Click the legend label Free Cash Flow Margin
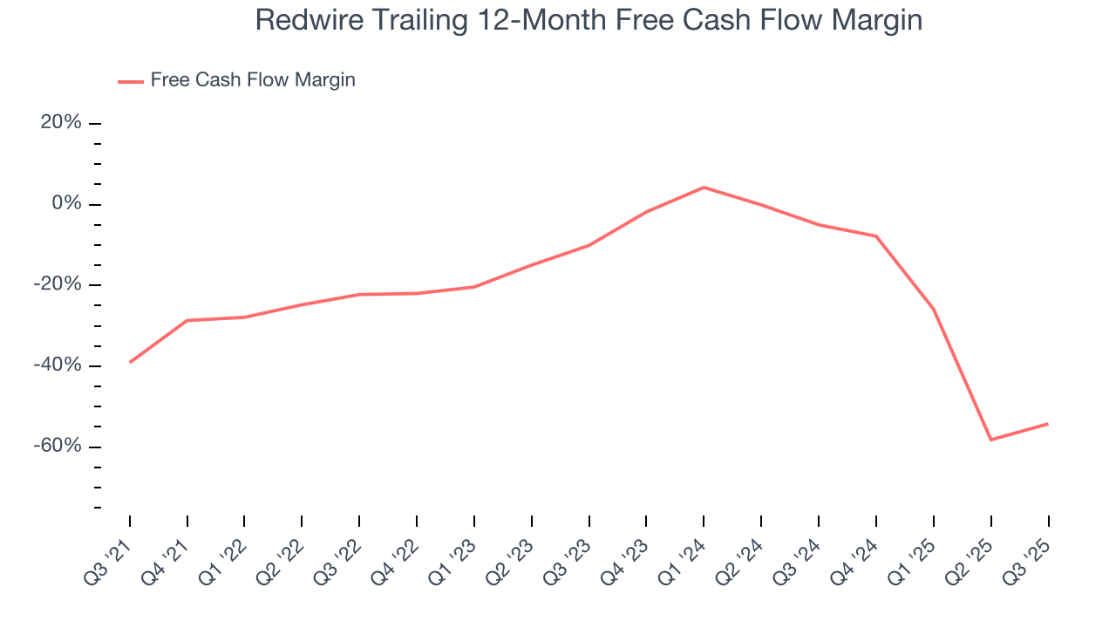pyautogui.click(x=253, y=80)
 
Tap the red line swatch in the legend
pyautogui.click(x=131, y=81)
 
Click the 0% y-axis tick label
pyautogui.click(x=66, y=204)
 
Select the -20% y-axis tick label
pyautogui.click(x=58, y=285)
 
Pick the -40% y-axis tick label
pyautogui.click(x=58, y=365)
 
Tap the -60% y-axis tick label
pyautogui.click(x=58, y=447)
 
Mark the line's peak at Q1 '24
pyautogui.click(x=704, y=187)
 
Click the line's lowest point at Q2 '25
pyautogui.click(x=990, y=440)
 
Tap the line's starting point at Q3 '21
pyautogui.click(x=130, y=362)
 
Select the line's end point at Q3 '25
pyautogui.click(x=1047, y=424)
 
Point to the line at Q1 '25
pyautogui.click(x=933, y=309)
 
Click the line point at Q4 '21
pyautogui.click(x=187, y=320)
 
